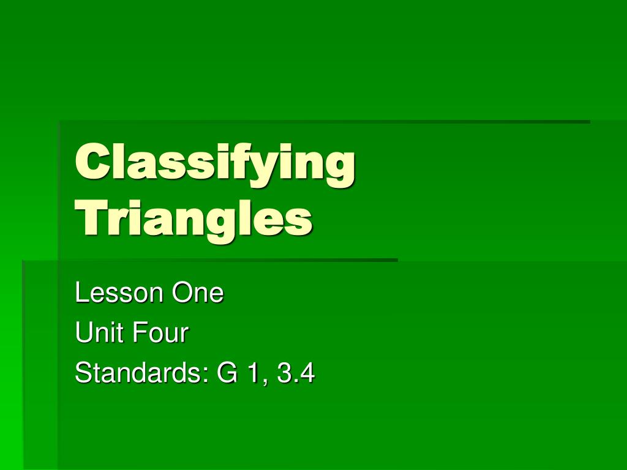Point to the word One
tap(198, 293)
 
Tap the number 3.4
tap(296, 374)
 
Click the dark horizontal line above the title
tap(325, 122)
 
